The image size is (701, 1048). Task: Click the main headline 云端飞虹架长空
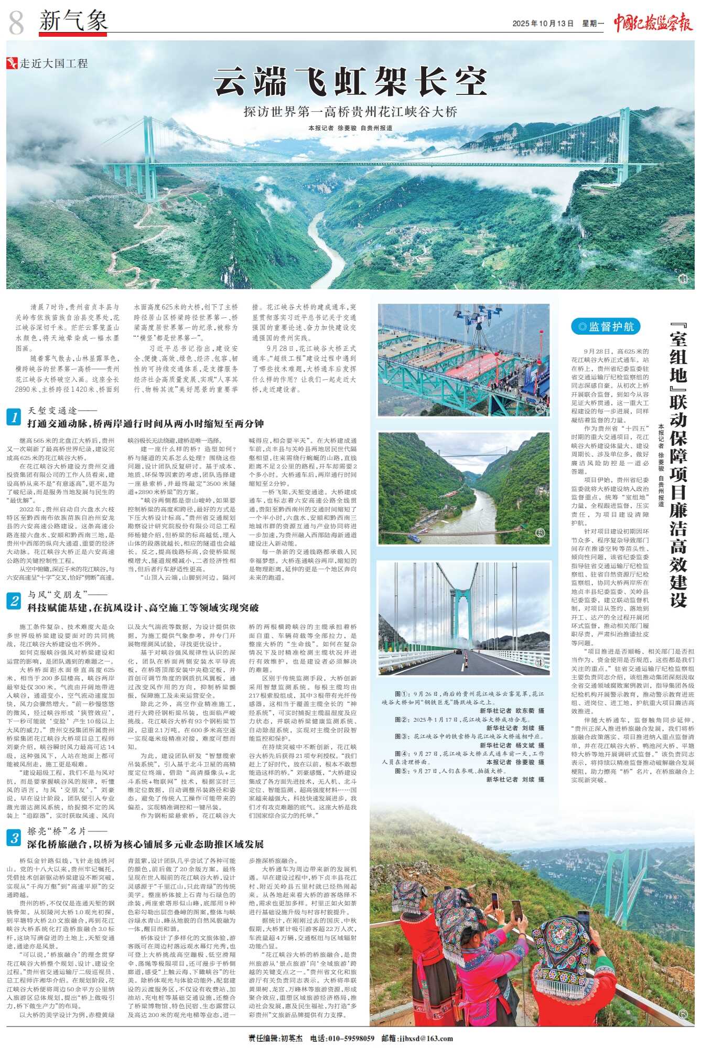(350, 81)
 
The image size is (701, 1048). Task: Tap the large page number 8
(16, 22)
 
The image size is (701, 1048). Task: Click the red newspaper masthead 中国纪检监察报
(653, 23)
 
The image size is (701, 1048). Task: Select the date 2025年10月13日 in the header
(543, 24)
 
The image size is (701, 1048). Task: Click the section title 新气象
(73, 21)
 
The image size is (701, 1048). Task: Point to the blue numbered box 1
(14, 417)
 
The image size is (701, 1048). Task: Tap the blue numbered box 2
(14, 601)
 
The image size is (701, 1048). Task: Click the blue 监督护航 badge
(605, 327)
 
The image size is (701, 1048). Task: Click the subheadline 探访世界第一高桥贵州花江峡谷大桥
(350, 112)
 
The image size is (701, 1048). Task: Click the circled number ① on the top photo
(682, 280)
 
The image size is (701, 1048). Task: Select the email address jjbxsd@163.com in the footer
(425, 1038)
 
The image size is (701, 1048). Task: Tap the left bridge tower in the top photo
(144, 152)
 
